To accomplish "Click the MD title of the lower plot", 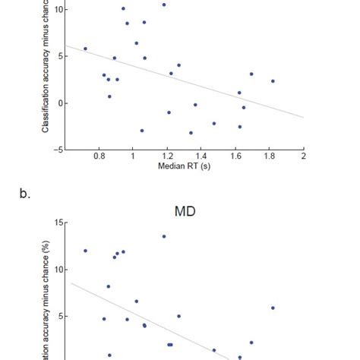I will (185, 211).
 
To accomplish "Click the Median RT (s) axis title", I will (184, 166).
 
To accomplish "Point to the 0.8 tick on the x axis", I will (99, 156).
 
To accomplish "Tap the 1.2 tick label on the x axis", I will (167, 156).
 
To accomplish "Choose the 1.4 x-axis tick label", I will (201, 156).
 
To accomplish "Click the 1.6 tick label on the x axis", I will (235, 156).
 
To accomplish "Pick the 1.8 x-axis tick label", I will (270, 156).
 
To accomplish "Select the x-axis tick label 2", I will (303, 156).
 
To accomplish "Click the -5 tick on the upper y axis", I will (58, 150).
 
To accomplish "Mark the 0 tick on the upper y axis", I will (60, 103).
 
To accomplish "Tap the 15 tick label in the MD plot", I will (58, 223).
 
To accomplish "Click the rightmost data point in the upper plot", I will (273, 81).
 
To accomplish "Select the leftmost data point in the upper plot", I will (85, 49).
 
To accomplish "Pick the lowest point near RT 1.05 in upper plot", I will (142, 131).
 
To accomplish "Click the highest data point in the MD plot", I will (163, 236).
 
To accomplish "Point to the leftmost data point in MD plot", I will (85, 251).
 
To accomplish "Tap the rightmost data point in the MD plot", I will (273, 308).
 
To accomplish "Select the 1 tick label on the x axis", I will (133, 156).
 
